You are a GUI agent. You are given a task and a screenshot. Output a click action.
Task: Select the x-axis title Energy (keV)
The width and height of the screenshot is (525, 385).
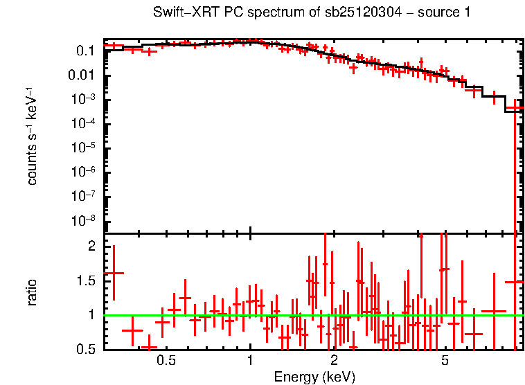314,377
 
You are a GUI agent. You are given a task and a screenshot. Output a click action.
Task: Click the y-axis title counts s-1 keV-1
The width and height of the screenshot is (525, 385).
32,136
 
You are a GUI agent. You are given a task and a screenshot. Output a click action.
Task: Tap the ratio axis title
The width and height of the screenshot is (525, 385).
32,292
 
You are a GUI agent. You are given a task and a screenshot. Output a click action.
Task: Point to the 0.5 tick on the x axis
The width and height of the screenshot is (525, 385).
166,360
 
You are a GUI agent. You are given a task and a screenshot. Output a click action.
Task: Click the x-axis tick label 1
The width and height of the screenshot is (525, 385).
250,360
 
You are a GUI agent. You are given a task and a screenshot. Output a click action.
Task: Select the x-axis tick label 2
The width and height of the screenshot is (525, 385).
334,360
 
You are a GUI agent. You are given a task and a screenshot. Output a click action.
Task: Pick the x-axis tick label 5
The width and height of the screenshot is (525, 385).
445,360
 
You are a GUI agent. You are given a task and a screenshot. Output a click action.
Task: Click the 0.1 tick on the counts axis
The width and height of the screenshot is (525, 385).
86,51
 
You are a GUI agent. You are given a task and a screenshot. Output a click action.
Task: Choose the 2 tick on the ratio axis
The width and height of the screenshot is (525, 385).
91,246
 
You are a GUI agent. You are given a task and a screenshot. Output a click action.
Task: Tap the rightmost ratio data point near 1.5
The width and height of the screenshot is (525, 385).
515,282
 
